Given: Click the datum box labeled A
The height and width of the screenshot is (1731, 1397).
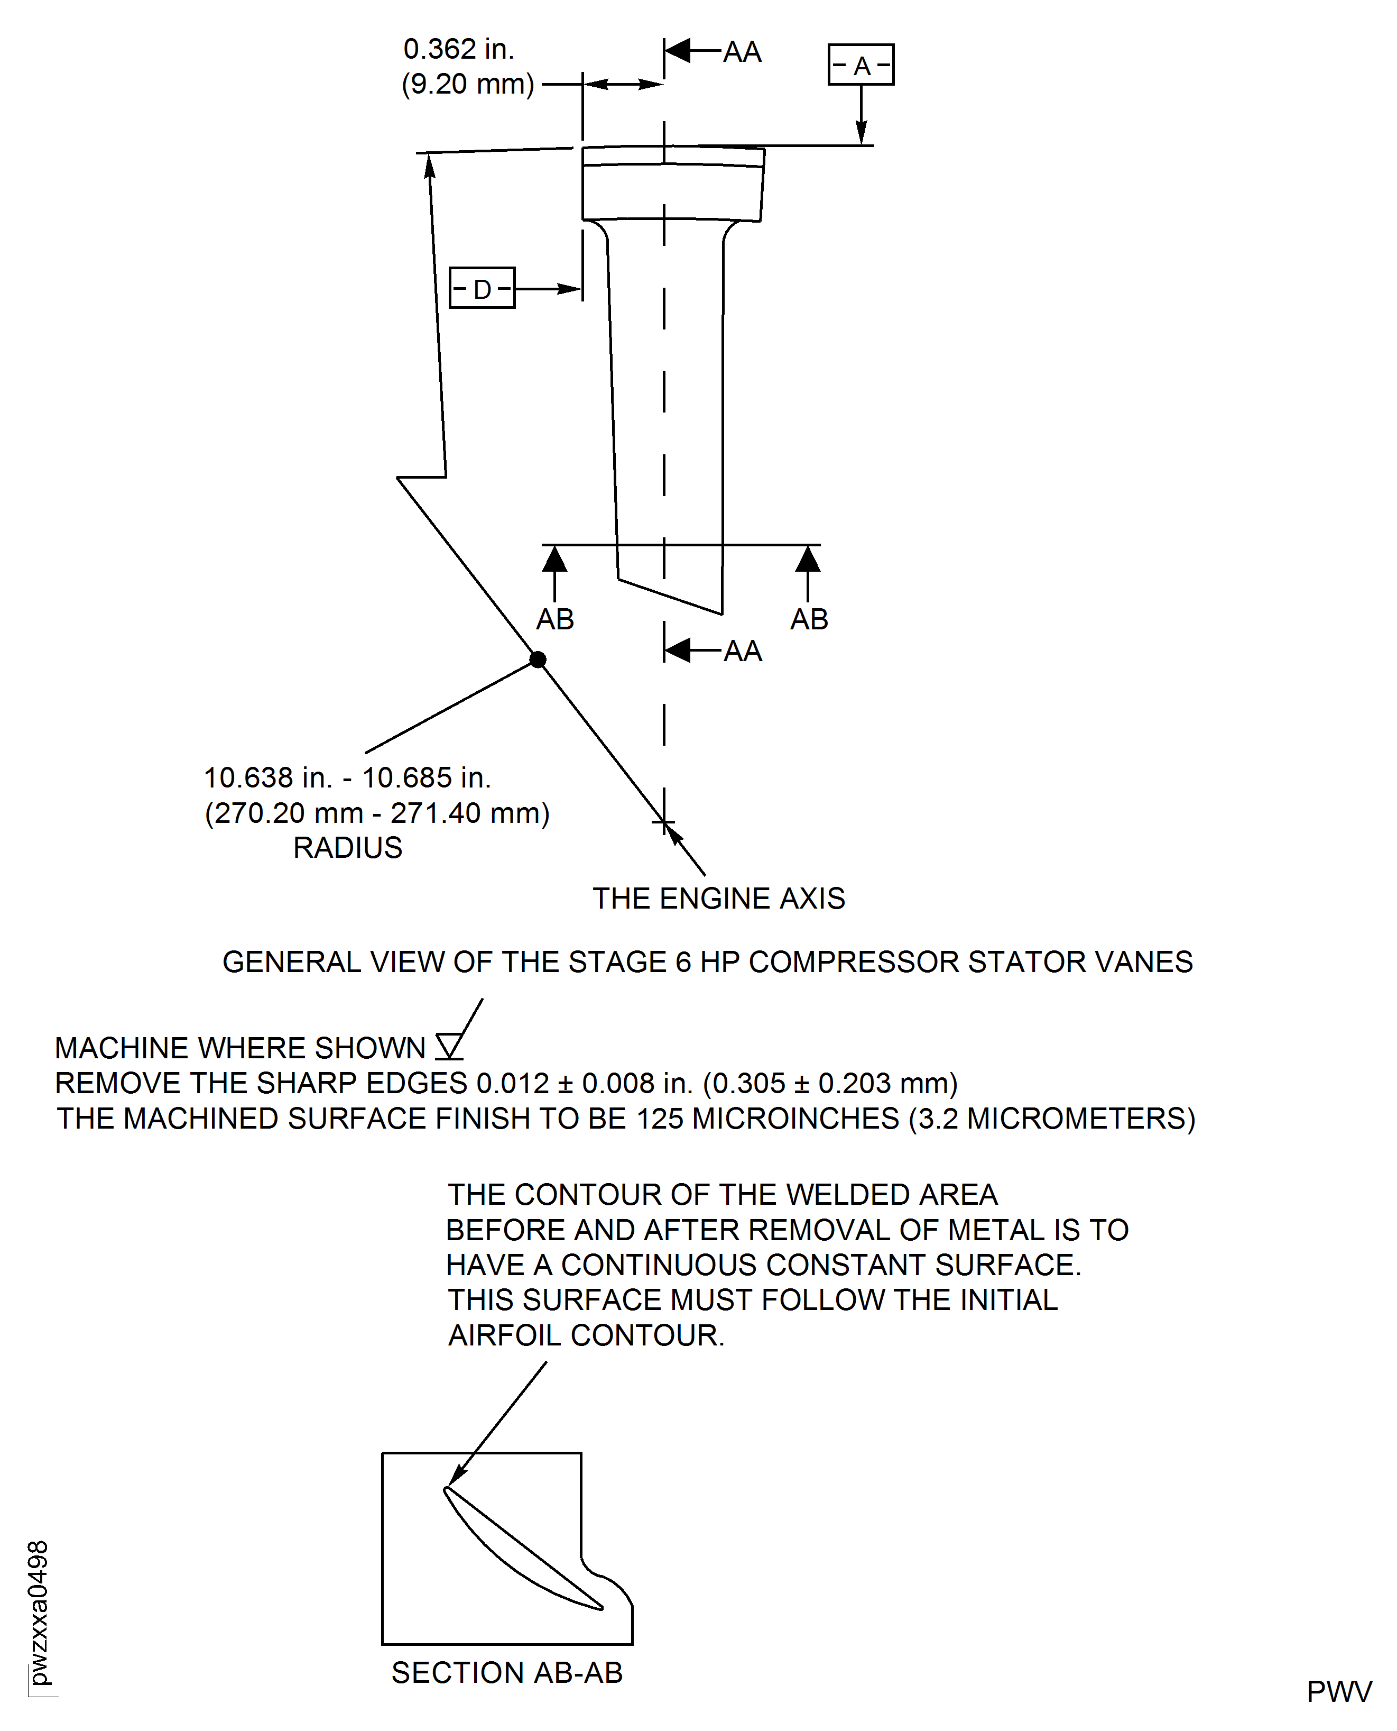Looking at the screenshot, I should tap(861, 65).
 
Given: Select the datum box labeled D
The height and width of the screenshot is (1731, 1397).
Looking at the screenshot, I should tap(481, 288).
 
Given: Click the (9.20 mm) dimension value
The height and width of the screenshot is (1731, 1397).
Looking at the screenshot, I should tap(468, 84).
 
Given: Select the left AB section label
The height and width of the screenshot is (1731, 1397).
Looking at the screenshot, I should tap(554, 619).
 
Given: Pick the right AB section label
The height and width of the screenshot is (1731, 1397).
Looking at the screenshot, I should tap(809, 619).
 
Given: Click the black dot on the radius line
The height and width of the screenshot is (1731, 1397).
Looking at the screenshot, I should tap(538, 660).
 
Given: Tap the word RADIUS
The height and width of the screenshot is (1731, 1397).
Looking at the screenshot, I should tap(348, 848).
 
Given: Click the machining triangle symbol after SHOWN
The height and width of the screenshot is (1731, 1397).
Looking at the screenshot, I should tap(449, 1046).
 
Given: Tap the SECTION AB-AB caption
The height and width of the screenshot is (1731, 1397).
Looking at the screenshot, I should tap(507, 1672).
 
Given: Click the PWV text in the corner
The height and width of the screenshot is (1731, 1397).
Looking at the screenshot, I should tap(1339, 1691).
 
